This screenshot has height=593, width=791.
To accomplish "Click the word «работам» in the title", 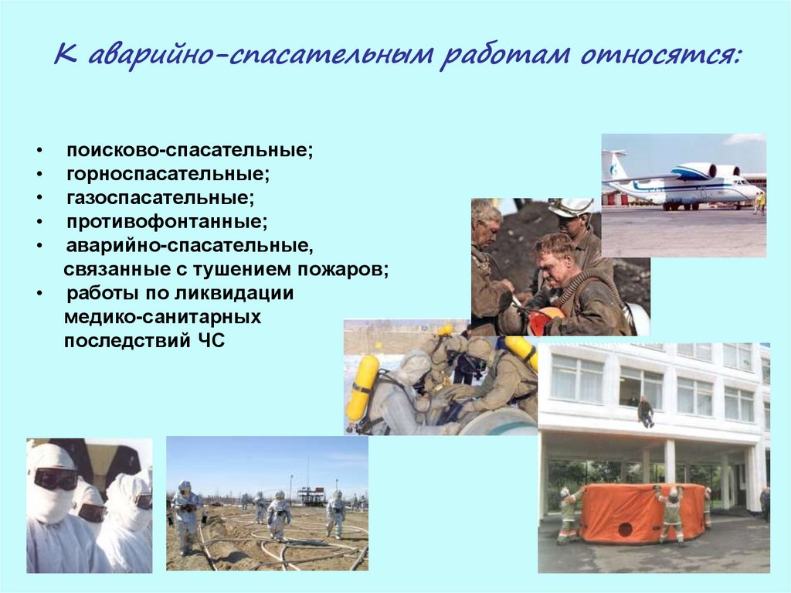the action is [x=504, y=55].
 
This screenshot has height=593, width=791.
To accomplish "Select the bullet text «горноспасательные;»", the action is [x=168, y=174].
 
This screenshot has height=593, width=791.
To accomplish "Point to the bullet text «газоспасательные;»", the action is [x=161, y=197].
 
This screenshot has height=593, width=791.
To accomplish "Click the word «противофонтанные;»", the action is [x=167, y=221].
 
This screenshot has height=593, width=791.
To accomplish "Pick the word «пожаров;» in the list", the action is [x=343, y=269].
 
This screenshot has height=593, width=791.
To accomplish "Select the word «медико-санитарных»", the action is [x=162, y=317].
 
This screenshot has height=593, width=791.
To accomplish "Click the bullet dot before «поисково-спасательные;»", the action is [x=39, y=151].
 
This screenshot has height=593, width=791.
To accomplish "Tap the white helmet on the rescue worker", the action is [x=572, y=207].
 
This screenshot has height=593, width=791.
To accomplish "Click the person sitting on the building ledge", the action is [x=645, y=411].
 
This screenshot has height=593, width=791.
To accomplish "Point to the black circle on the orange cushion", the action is [x=626, y=530].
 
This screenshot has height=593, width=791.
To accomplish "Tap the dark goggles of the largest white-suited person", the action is [x=56, y=479].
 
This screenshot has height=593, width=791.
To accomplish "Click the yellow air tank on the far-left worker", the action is [x=363, y=387].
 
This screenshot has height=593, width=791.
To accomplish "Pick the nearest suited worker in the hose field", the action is [x=187, y=516].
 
